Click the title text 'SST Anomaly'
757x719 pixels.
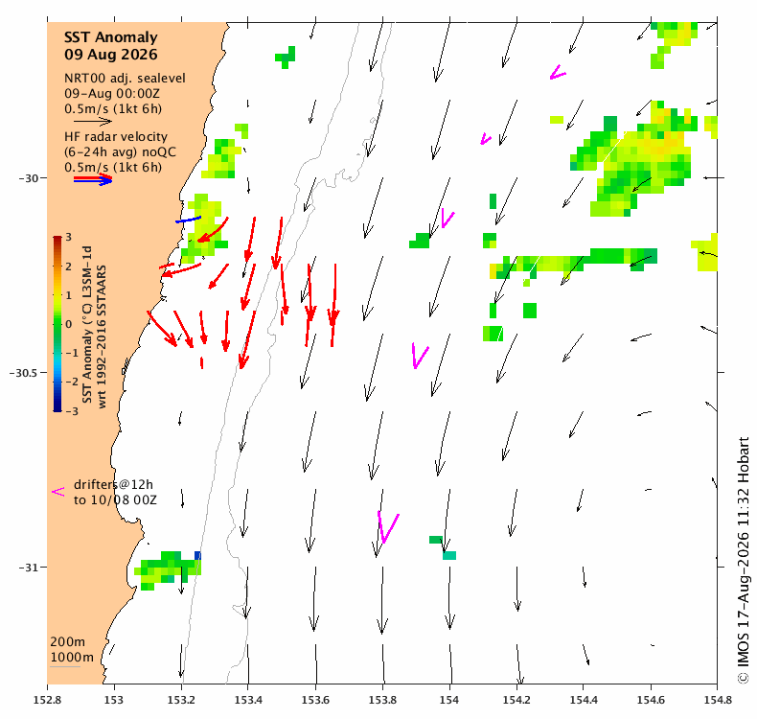pyautogui.click(x=110, y=37)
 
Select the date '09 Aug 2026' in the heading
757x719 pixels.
pyautogui.click(x=110, y=54)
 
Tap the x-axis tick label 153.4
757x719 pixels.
pyautogui.click(x=248, y=700)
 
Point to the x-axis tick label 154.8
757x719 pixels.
pyautogui.click(x=718, y=700)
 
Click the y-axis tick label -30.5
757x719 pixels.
pyautogui.click(x=23, y=373)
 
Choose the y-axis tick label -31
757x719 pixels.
pyautogui.click(x=29, y=568)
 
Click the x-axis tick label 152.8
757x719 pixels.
pyautogui.click(x=47, y=700)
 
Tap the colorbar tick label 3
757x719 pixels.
pyautogui.click(x=69, y=237)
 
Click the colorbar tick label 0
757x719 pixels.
pyautogui.click(x=69, y=324)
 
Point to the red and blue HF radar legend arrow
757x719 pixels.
pyautogui.click(x=93, y=179)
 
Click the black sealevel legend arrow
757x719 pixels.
pyautogui.click(x=93, y=121)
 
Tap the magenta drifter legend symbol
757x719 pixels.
pyautogui.click(x=57, y=492)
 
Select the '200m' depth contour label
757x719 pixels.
pyautogui.click(x=68, y=642)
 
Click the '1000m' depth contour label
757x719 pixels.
pyautogui.click(x=72, y=658)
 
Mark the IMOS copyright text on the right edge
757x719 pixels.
pyautogui.click(x=744, y=560)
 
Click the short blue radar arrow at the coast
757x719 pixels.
pyautogui.click(x=188, y=220)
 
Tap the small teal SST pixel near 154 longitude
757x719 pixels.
pyautogui.click(x=449, y=556)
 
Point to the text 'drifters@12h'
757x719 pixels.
pyautogui.click(x=113, y=484)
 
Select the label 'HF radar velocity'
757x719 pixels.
pyautogui.click(x=116, y=137)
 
